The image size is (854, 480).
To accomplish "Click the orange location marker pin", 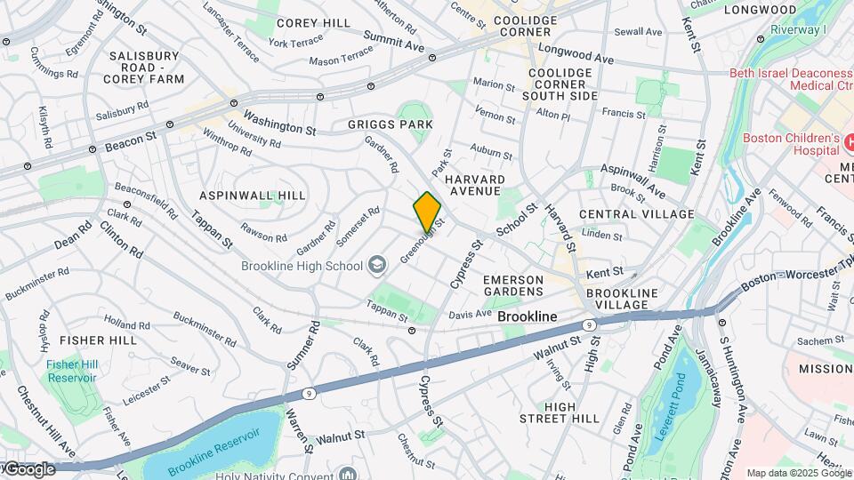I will tap(428, 211).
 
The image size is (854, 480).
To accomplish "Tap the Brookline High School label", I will tap(302, 266).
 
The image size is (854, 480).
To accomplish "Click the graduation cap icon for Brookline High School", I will tap(377, 265).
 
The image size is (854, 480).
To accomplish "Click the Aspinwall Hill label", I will tap(253, 196).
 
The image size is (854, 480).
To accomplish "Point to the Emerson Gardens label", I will tap(512, 285).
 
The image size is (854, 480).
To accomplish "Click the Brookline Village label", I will tap(622, 300).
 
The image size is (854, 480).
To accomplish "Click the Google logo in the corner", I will tap(28, 468).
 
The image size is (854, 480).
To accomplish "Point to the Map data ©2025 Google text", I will tap(798, 473).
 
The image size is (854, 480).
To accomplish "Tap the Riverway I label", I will tap(800, 29).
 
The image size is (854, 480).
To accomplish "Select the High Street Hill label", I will tap(572, 412).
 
